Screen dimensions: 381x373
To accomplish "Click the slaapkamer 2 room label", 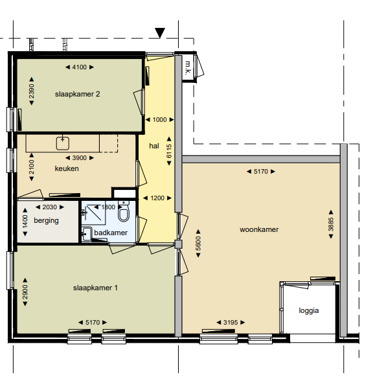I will click(x=78, y=94).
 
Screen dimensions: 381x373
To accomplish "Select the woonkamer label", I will click(x=259, y=229).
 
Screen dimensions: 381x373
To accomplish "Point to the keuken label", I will click(x=67, y=168).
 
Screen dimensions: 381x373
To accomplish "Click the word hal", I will click(x=154, y=146).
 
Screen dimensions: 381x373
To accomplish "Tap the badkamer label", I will click(x=111, y=233).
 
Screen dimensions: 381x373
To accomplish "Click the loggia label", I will click(x=309, y=310).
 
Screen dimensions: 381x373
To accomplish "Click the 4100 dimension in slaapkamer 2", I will click(x=80, y=67).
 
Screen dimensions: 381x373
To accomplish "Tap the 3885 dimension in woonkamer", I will click(x=331, y=225).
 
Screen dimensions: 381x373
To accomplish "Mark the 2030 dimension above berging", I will click(x=50, y=207).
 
